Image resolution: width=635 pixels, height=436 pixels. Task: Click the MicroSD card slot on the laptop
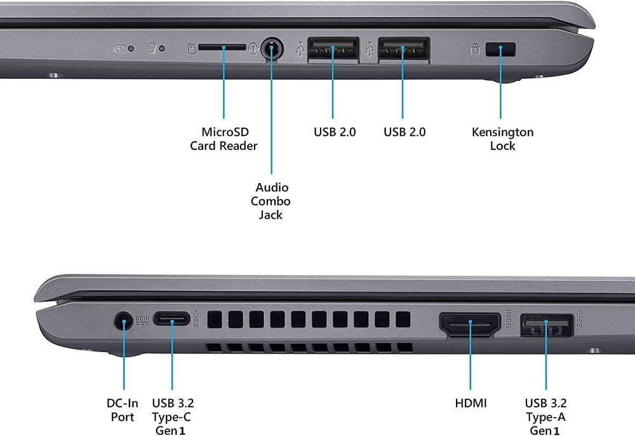[x=222, y=47]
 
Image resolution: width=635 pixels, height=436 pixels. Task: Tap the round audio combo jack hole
[x=272, y=48]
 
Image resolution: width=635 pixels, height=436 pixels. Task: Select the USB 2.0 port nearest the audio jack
[x=333, y=50]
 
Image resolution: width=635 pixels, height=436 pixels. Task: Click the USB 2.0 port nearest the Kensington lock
[x=404, y=50]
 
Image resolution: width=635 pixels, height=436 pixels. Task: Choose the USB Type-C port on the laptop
[x=172, y=320]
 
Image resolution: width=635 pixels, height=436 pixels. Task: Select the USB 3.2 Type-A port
[x=547, y=325]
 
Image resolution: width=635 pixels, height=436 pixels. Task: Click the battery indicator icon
[x=119, y=48]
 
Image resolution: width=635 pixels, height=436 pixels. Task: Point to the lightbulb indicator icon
[x=152, y=48]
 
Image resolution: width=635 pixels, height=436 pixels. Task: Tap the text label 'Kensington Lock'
[x=502, y=139]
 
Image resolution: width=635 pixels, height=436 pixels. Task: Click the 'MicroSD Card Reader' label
[x=224, y=139]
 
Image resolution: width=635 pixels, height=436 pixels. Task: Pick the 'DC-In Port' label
[x=122, y=410]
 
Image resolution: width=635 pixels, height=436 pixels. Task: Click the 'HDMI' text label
[x=471, y=403]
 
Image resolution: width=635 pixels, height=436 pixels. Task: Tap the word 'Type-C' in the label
[x=171, y=417]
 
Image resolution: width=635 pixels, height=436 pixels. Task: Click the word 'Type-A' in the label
[x=545, y=417]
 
